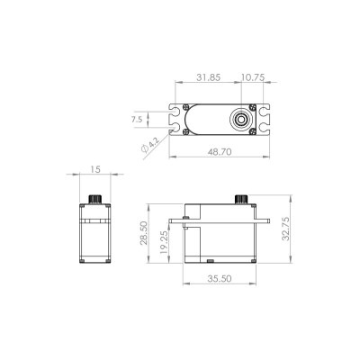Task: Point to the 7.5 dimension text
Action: point(137,118)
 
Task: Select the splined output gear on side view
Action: point(240,199)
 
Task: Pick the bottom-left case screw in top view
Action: point(185,131)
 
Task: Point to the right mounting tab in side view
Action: point(264,220)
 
